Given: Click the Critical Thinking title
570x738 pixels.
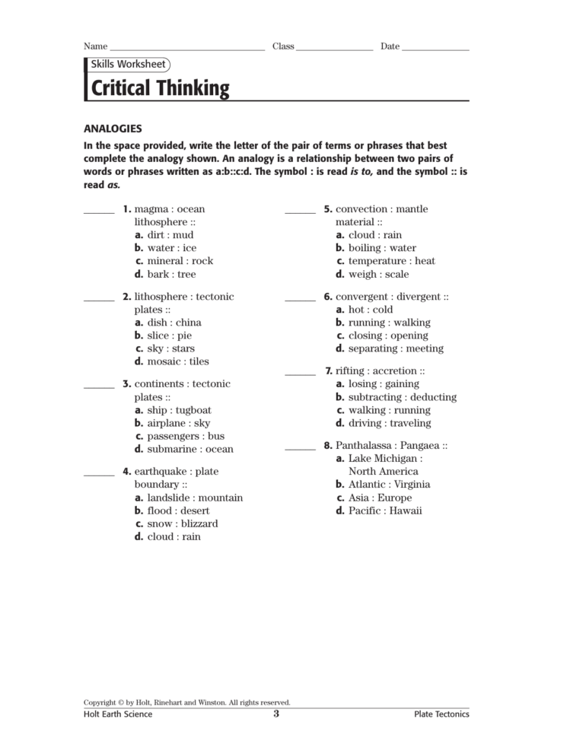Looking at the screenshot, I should coord(160,88).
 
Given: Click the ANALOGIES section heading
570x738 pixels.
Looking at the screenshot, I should coord(113,129).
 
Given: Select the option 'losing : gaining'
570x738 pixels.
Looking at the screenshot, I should coord(383,384).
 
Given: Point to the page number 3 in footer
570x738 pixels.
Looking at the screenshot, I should coord(276,714).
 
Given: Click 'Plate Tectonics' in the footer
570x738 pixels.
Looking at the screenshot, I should coord(441,714).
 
